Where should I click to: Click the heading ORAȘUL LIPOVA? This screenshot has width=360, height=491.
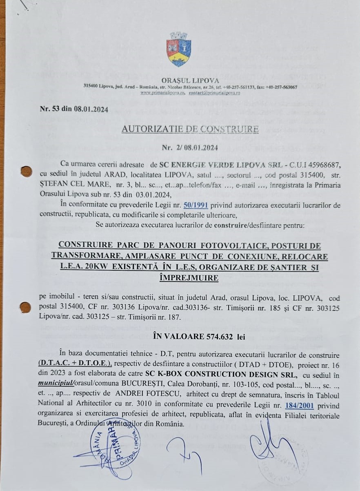coord(190,80)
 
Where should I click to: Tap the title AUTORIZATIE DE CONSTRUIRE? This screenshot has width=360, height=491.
coord(190,129)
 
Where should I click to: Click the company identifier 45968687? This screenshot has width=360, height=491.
coord(320,165)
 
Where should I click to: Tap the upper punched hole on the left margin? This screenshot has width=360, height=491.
coord(27,171)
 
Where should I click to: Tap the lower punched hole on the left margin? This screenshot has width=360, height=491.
coord(25,307)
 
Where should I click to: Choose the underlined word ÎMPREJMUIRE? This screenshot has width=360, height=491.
coord(190,278)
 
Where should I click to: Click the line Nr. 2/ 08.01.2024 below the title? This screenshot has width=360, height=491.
coord(190,147)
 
